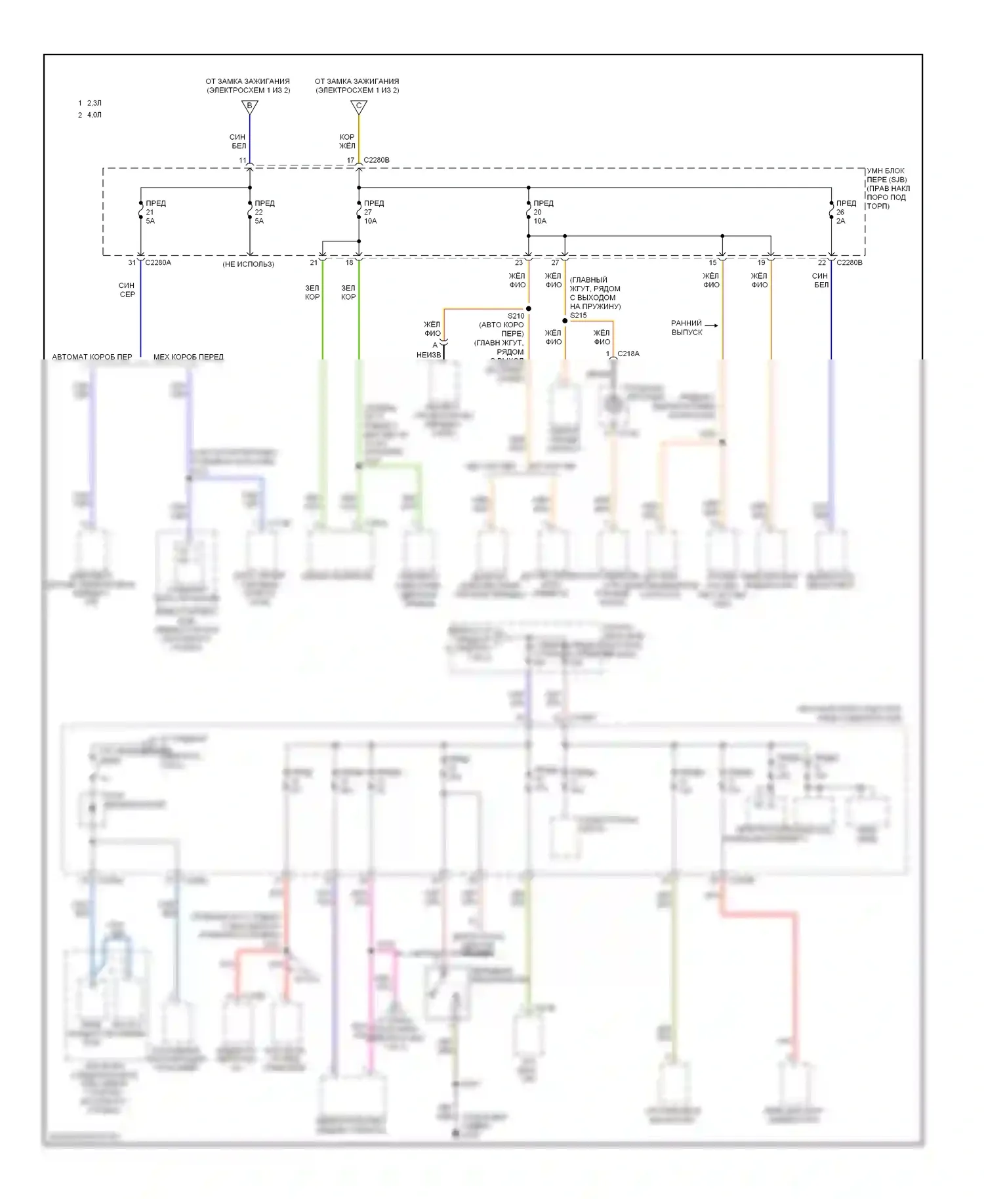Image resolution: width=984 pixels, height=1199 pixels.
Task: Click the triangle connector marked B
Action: coord(249,106)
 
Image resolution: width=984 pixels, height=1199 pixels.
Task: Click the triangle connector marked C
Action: coord(358,106)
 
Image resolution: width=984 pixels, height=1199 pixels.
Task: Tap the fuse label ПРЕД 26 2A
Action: coord(846,212)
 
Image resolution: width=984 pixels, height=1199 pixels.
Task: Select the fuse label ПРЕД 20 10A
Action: coord(543,212)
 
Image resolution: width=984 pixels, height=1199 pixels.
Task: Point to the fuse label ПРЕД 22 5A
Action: coord(264,212)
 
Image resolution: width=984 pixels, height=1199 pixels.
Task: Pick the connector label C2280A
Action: coord(158,262)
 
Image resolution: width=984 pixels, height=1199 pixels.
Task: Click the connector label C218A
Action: coord(628,354)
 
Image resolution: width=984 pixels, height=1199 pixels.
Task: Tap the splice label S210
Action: coord(516,315)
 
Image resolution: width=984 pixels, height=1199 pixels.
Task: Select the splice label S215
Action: coord(578,315)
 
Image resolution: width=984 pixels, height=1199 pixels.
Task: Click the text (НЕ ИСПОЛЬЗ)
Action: coord(248,264)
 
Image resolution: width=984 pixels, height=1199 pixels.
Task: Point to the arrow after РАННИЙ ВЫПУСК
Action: coord(711,325)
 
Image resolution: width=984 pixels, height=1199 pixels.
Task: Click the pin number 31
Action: coord(132,262)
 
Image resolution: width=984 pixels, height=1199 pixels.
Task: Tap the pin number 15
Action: coord(712,262)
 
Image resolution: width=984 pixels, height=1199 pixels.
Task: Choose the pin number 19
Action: coord(761,262)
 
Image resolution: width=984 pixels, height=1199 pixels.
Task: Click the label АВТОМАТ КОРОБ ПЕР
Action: coord(92,357)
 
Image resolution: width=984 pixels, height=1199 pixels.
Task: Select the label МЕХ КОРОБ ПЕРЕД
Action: coord(188,357)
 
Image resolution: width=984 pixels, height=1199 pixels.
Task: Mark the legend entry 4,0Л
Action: coord(94,115)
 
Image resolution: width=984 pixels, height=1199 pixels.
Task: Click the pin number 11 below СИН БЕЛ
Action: coord(243,160)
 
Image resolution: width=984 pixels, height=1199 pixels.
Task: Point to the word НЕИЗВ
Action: coord(428,355)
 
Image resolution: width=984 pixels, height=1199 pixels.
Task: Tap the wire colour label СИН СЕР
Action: coord(127,290)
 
